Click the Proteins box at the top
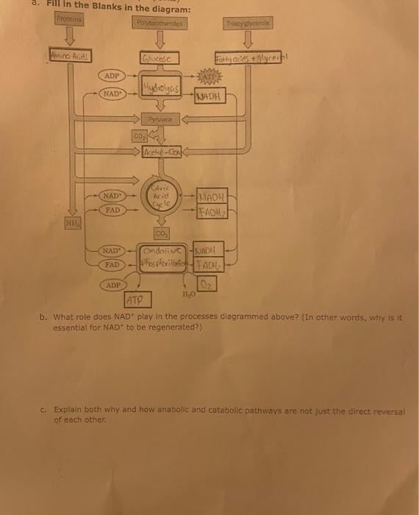click(68, 18)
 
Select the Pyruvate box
click(159, 117)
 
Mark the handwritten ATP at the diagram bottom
click(135, 299)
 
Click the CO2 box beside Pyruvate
click(139, 135)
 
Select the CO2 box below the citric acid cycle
click(161, 232)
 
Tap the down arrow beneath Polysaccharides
click(160, 40)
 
